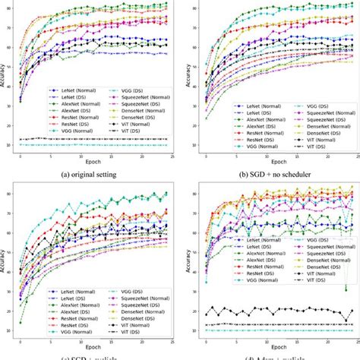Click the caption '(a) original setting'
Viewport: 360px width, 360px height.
(x=90, y=172)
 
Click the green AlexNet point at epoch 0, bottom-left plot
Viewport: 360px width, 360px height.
(x=21, y=322)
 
